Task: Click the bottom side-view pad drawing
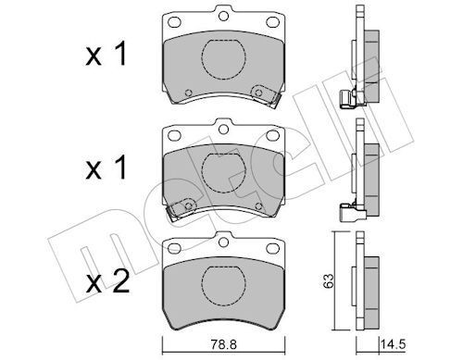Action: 365,281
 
